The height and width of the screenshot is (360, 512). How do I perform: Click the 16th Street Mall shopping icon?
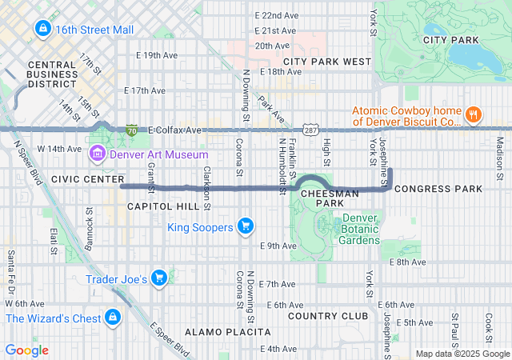point(42,30)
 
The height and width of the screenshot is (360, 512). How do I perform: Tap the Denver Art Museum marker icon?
point(98,154)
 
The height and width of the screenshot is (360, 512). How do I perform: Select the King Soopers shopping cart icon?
point(246,227)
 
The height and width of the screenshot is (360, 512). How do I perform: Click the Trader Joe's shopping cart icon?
point(160,279)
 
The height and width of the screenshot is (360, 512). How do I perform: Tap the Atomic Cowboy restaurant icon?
point(474,114)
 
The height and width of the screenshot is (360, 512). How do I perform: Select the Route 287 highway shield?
point(310,130)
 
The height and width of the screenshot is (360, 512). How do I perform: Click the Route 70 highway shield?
point(132,130)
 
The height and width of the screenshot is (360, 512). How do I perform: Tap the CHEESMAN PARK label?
point(325,198)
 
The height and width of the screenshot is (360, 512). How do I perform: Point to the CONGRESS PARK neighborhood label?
point(438,189)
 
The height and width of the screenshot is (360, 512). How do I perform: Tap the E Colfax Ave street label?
point(174,130)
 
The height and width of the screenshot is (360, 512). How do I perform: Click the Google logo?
point(26,350)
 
